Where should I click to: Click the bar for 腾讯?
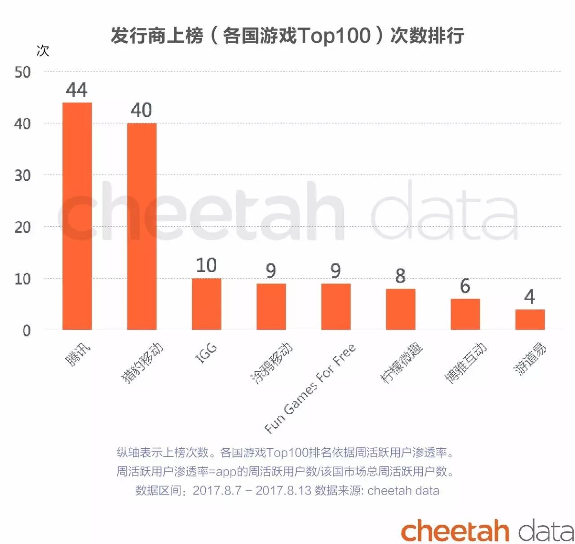click(x=77, y=216)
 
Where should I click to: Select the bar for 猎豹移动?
click(x=142, y=226)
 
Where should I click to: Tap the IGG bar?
click(x=206, y=304)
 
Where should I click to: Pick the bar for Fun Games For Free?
click(x=336, y=307)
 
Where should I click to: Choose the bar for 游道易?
click(x=530, y=319)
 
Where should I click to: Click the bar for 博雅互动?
click(x=465, y=314)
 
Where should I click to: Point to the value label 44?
click(x=76, y=90)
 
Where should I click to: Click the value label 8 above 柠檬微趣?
click(x=400, y=276)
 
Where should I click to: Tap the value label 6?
click(x=465, y=286)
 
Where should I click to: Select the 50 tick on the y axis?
click(x=22, y=72)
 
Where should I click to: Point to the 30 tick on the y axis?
click(x=22, y=176)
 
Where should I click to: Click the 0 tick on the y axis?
click(x=27, y=331)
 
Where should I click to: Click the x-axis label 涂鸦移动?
click(x=272, y=363)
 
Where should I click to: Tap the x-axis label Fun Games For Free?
click(x=310, y=389)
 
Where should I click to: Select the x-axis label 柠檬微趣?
click(x=401, y=363)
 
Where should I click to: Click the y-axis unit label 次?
click(x=43, y=51)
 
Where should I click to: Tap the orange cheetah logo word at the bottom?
click(x=455, y=531)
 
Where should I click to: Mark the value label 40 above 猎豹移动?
click(x=141, y=111)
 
